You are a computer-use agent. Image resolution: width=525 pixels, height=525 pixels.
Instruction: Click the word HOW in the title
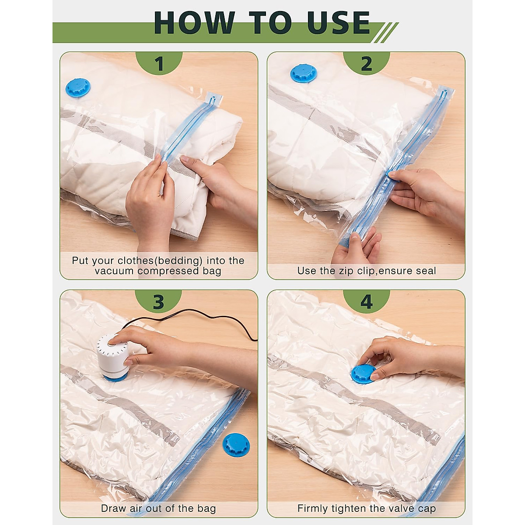194,23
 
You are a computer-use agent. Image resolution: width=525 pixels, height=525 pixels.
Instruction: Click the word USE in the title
339,23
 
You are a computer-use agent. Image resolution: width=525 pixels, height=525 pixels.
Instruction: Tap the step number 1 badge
159,63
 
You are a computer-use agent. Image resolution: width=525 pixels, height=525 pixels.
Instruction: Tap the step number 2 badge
367,63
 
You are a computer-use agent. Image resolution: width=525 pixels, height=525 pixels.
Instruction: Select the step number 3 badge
158,301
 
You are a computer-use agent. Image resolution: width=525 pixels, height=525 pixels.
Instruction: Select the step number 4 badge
367,301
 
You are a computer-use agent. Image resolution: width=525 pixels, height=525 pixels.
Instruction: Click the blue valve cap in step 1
77,87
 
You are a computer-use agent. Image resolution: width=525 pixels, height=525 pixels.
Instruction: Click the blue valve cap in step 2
304,73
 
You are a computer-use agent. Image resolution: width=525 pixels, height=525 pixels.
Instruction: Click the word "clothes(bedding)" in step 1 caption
160,261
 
